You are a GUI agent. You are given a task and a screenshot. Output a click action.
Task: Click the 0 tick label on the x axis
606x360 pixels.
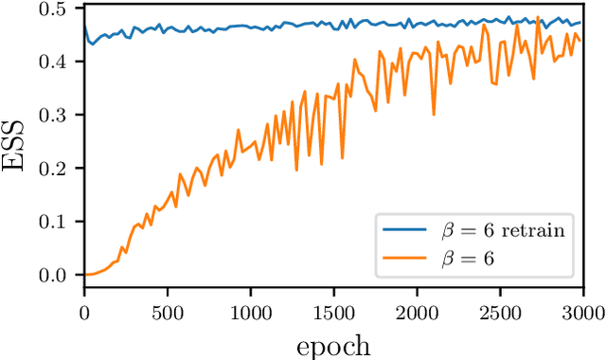coord(84,311)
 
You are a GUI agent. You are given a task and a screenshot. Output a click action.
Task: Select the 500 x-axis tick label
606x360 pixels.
coord(167,311)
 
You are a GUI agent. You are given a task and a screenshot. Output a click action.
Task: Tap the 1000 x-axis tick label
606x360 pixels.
coord(250,311)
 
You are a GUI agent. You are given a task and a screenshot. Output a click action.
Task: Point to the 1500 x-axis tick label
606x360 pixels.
coord(332,311)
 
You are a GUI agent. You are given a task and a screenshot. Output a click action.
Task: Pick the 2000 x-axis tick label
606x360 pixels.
coord(416,311)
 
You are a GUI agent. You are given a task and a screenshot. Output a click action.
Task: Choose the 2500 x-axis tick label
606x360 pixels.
coord(498,311)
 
